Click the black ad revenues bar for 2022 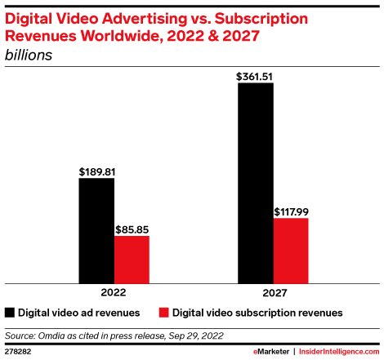pyautogui.click(x=96, y=230)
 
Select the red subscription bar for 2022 pyautogui.click(x=132, y=259)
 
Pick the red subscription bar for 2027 pyautogui.click(x=290, y=250)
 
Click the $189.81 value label pyautogui.click(x=96, y=172)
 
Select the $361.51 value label pyautogui.click(x=255, y=77)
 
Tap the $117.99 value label pyautogui.click(x=291, y=211)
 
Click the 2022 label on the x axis pyautogui.click(x=114, y=291)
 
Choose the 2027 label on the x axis pyautogui.click(x=273, y=291)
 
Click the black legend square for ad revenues pyautogui.click(x=10, y=312)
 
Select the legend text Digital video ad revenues pyautogui.click(x=79, y=312)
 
